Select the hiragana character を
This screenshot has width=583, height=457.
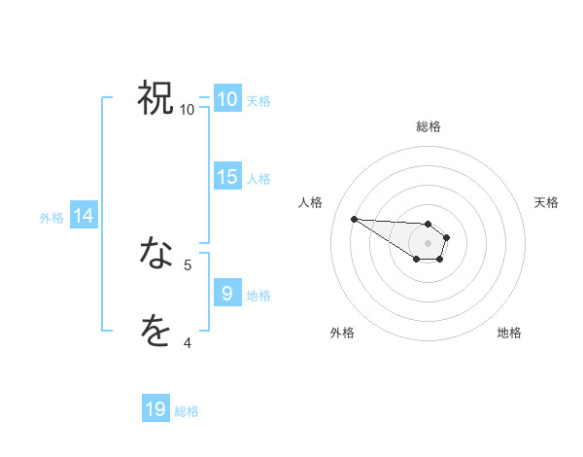pos(156,332)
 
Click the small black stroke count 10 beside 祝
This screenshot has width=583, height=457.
pos(188,110)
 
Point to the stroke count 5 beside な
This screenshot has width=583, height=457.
pos(188,264)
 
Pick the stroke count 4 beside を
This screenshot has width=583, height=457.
pos(188,342)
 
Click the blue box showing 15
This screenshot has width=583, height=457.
pos(227,177)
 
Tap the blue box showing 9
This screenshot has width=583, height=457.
pos(227,294)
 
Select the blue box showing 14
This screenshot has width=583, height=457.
pos(85,217)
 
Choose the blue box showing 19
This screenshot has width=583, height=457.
pos(155,410)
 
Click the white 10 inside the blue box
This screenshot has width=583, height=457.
pos(227,99)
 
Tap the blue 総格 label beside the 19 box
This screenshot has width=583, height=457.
pos(187,411)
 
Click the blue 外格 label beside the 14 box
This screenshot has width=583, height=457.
pos(51,218)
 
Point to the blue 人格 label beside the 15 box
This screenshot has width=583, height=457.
pos(258,178)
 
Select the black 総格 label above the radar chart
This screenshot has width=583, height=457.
pos(429,126)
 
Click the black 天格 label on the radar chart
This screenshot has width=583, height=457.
pos(547,202)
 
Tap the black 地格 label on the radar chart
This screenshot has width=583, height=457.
pos(509,333)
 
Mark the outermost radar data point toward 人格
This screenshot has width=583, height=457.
pos(354,219)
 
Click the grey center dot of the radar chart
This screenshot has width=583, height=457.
pos(429,243)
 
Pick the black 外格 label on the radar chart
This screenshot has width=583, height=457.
pos(342,333)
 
